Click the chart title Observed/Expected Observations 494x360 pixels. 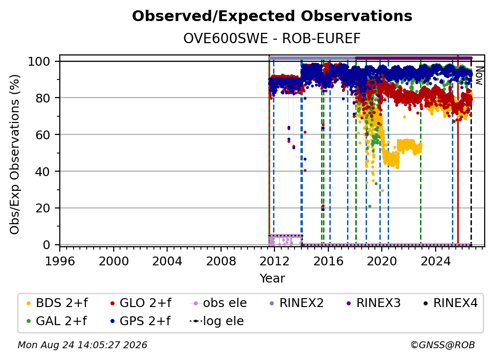point(272,16)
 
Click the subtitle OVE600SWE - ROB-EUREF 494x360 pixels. point(272,38)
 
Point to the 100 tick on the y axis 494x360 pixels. point(39,61)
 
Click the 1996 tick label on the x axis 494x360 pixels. point(60,261)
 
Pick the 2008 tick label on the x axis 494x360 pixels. point(221,261)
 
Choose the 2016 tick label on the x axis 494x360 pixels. point(328,261)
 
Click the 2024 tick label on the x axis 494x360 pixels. point(436,261)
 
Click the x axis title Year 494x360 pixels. point(272,279)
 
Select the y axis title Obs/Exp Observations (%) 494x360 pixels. point(15,154)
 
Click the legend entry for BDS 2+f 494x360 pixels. point(57,303)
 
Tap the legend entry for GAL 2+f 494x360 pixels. point(56,321)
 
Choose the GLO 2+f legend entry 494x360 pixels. point(141,303)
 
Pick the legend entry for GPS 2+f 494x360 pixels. point(140,321)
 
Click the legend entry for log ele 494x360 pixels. point(217,321)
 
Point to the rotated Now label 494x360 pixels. point(479,76)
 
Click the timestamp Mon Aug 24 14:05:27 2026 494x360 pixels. point(82,345)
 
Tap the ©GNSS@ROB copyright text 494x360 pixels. point(443,345)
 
